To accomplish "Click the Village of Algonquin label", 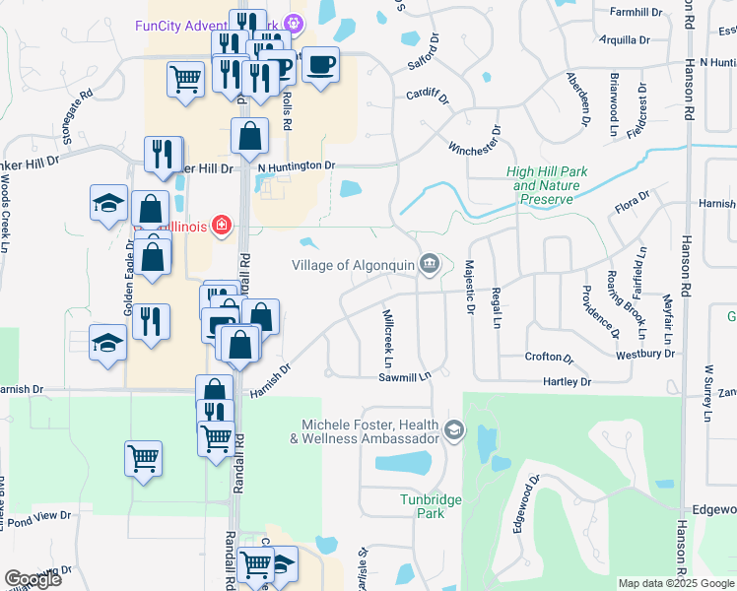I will tap(354, 264).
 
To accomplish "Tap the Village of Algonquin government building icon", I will tap(429, 263).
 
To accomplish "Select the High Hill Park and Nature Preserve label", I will tap(547, 185).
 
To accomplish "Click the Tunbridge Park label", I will tap(431, 506).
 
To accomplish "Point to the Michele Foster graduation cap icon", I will tap(453, 428).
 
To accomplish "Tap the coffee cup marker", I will tap(320, 66).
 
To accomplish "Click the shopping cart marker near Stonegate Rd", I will tap(185, 79).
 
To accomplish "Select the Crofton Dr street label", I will tap(550, 358).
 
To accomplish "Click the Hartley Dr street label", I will tap(566, 381).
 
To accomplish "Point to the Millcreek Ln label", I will tap(387, 338).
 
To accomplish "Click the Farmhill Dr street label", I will tap(636, 12).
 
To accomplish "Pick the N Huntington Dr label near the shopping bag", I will tap(297, 166).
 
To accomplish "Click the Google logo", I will tap(33, 578).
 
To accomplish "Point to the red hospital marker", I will tap(223, 227).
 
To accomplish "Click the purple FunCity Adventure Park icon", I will tap(293, 23).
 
